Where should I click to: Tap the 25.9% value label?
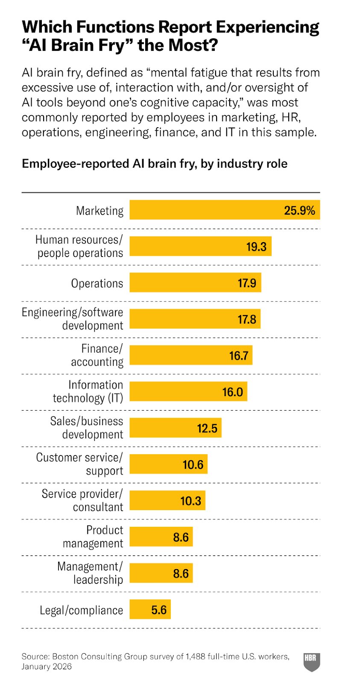click(x=299, y=210)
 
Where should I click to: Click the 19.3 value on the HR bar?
click(x=256, y=247)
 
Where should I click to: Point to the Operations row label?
click(x=97, y=283)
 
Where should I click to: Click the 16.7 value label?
click(x=238, y=356)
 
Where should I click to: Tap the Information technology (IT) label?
click(x=88, y=391)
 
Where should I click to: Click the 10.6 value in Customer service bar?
click(x=193, y=464)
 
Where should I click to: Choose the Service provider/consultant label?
click(x=82, y=500)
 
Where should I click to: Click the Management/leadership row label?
click(x=90, y=573)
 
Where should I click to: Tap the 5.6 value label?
click(x=159, y=610)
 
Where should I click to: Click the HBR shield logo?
click(x=312, y=662)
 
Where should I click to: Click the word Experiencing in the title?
click(x=267, y=27)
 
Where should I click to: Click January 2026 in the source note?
click(x=47, y=666)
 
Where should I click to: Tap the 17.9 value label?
click(x=247, y=283)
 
